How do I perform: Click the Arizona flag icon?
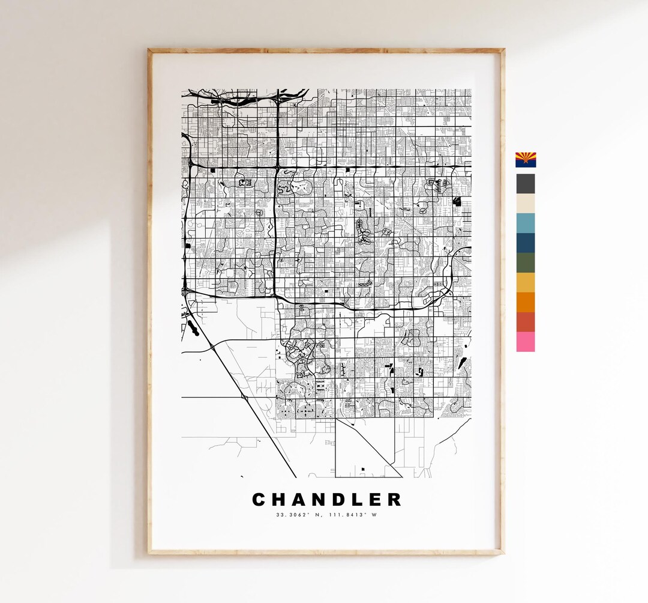(526, 160)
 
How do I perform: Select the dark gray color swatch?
(526, 184)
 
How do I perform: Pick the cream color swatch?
(526, 204)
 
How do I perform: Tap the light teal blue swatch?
(526, 223)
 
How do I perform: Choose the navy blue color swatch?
(526, 243)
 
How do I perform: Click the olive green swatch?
(526, 263)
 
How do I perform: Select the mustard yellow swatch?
(526, 282)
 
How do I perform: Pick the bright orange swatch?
(526, 302)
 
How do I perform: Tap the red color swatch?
(526, 322)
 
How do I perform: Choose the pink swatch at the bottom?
(526, 342)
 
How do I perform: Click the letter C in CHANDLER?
(259, 500)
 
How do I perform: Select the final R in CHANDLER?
(394, 500)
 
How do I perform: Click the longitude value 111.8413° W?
(353, 515)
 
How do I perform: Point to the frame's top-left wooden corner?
(150, 52)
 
